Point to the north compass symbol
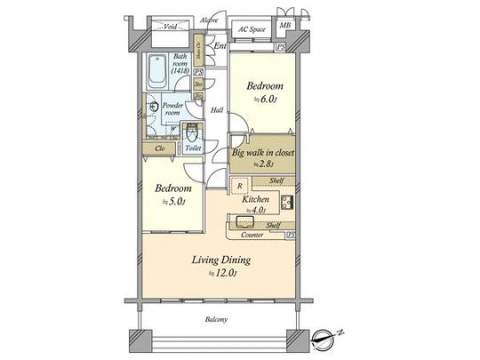pyautogui.click(x=330, y=337)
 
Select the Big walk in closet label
pyautogui.click(x=262, y=152)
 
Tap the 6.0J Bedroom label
pyautogui.click(x=264, y=86)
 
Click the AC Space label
pyautogui.click(x=252, y=28)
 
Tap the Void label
pyautogui.click(x=169, y=27)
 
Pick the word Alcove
pyautogui.click(x=210, y=19)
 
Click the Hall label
pyautogui.click(x=216, y=110)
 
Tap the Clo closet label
pyautogui.click(x=160, y=148)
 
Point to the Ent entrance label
pyautogui.click(x=220, y=45)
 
